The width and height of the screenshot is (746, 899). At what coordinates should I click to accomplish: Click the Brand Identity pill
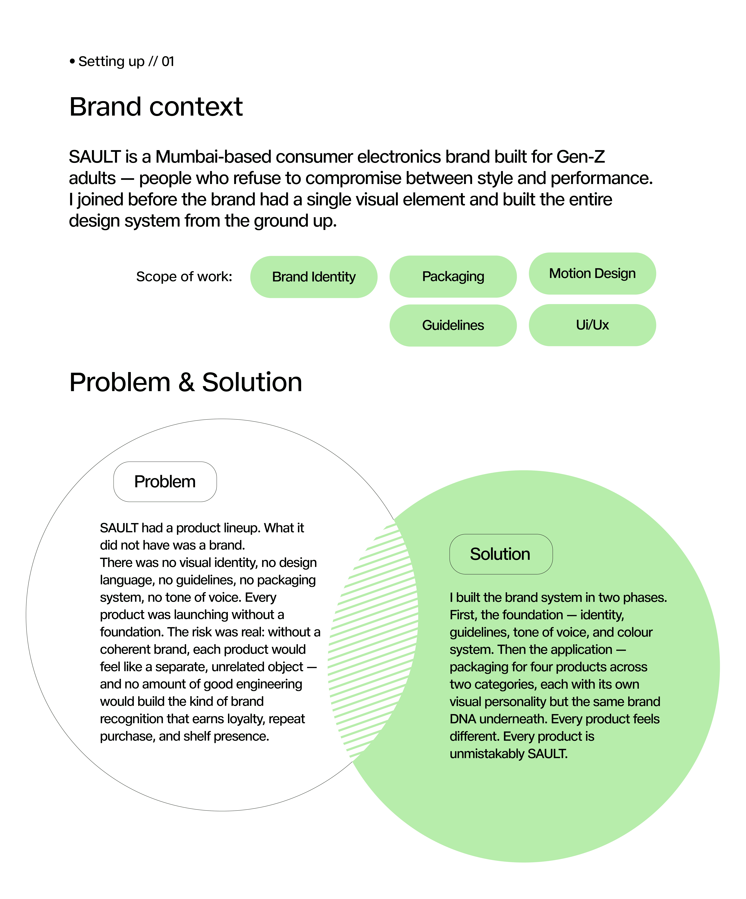point(313,277)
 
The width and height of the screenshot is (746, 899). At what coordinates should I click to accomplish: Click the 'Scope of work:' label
point(184,277)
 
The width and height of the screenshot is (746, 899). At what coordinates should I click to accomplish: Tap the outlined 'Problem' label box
point(165,482)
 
